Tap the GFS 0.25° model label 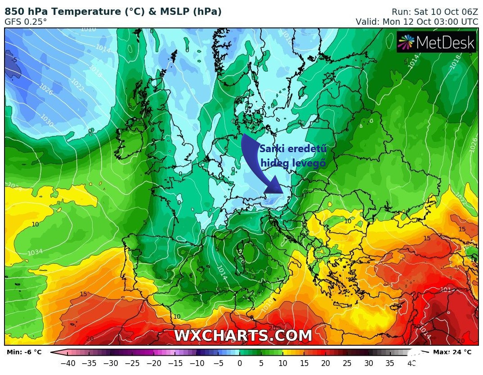26,22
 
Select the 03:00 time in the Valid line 438,22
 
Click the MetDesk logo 436,42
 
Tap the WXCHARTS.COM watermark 243,335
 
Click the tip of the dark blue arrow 282,193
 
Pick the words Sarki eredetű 293,149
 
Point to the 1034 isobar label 35,252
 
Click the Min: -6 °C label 24,352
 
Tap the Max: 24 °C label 452,352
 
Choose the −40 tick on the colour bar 67,363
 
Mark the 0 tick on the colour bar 240,363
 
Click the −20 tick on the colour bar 154,363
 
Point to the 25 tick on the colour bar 347,363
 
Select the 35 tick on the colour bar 390,363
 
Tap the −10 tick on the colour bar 197,363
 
